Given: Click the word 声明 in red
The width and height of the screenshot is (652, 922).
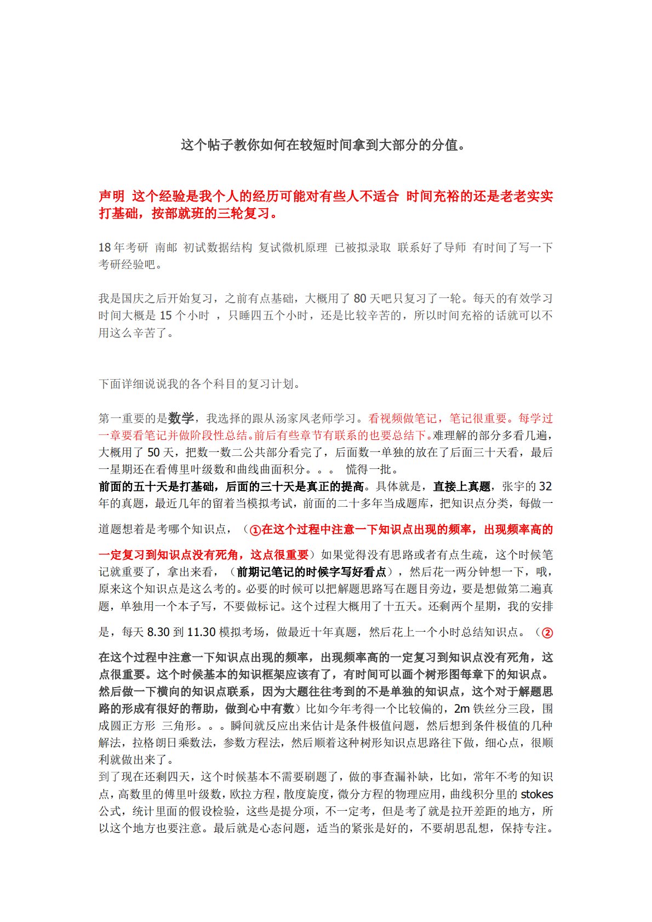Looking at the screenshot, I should click(x=112, y=196).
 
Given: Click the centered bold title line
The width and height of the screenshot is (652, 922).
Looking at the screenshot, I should click(x=323, y=145).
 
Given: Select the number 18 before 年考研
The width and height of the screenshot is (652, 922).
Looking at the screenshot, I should click(x=104, y=248).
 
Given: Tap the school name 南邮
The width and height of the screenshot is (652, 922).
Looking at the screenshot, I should click(x=166, y=248).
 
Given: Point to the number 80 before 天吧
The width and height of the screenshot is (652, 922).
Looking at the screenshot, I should click(x=359, y=299).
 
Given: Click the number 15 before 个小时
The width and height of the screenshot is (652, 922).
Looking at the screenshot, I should click(x=165, y=316).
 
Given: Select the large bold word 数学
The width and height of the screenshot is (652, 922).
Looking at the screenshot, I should click(x=181, y=418).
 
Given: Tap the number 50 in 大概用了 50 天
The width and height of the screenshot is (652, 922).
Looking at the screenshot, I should click(x=153, y=453).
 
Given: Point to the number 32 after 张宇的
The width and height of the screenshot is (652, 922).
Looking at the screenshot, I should click(x=545, y=486).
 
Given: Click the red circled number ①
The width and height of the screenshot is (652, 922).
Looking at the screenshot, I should click(x=255, y=530).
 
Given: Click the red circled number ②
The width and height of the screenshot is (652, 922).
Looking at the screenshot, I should click(x=547, y=633).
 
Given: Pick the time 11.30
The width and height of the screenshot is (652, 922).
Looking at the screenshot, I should click(x=201, y=632).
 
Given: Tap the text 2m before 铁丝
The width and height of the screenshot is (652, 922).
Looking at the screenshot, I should click(x=462, y=709).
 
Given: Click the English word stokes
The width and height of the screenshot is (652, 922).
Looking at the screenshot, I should click(x=536, y=794).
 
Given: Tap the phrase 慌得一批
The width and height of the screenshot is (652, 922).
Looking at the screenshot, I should click(x=368, y=469).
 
